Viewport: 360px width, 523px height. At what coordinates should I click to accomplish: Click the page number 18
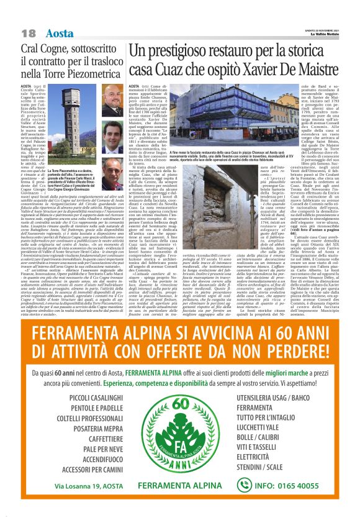(29, 32)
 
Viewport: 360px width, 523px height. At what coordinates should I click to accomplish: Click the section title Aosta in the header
(60, 32)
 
